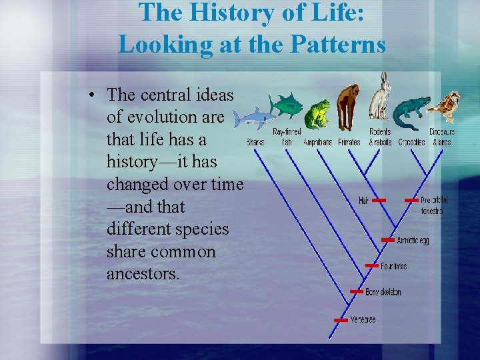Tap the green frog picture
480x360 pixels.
[316, 113]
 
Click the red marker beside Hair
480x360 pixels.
[379, 200]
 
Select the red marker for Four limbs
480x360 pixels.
[371, 266]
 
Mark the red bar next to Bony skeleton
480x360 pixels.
[356, 292]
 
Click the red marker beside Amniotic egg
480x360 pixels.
[387, 240]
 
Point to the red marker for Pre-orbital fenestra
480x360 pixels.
[411, 200]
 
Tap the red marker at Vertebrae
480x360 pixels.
[340, 320]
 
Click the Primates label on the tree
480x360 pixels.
[349, 142]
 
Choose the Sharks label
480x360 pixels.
[255, 142]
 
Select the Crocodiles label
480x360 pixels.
[411, 142]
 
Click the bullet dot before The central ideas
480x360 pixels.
[91, 94]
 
